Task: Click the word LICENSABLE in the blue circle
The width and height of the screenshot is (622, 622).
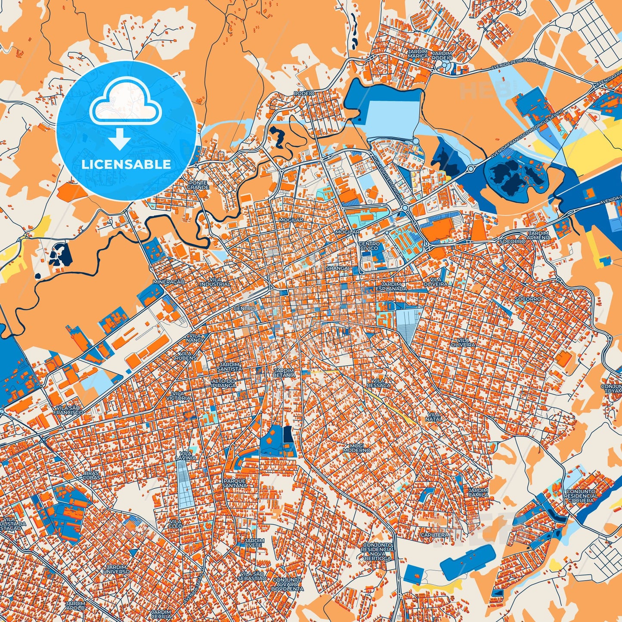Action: (x=127, y=164)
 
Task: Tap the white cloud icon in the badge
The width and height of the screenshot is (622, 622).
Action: (x=125, y=105)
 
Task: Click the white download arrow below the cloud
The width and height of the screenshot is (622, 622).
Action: (x=120, y=139)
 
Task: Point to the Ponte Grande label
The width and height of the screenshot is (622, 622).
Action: (x=198, y=185)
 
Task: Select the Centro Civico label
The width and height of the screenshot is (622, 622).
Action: (x=369, y=246)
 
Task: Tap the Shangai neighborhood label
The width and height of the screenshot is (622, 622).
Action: (x=338, y=268)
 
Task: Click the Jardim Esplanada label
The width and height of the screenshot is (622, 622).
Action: (x=391, y=287)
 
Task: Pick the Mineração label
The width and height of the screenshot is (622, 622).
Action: (x=169, y=282)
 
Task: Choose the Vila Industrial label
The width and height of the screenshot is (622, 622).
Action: (x=215, y=282)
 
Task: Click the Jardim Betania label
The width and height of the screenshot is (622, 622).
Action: (x=284, y=373)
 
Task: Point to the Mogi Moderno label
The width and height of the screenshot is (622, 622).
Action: (x=357, y=448)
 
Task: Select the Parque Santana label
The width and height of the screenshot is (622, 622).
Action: (x=235, y=483)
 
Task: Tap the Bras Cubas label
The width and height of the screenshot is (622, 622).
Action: (x=92, y=475)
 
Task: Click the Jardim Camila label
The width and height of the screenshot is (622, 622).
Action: (x=478, y=492)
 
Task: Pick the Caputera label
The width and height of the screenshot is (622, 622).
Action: (x=434, y=535)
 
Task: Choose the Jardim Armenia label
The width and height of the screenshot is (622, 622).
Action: (x=538, y=235)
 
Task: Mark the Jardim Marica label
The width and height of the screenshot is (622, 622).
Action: (x=418, y=53)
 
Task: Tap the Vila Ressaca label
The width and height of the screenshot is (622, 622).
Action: (x=379, y=383)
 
